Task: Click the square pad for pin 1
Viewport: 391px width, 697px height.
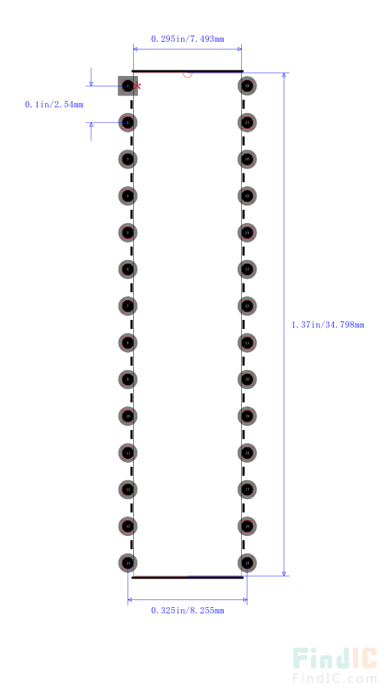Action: tap(128, 86)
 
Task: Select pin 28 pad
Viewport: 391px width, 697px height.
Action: tap(247, 86)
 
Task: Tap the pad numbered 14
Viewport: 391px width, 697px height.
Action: tap(128, 562)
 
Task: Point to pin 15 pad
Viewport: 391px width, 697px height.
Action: tap(247, 562)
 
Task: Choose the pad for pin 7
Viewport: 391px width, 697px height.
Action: tap(128, 306)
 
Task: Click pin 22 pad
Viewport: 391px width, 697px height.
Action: tap(247, 306)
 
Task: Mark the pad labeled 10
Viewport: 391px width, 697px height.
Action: tap(128, 416)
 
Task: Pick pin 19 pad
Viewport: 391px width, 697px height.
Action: tap(247, 416)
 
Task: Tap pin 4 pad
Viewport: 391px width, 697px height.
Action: tap(128, 196)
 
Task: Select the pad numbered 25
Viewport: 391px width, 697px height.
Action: tap(247, 196)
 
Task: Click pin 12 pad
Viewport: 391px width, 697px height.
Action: tap(128, 489)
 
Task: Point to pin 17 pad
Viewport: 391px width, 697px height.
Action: tap(247, 489)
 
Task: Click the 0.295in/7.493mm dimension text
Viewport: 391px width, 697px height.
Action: tap(187, 39)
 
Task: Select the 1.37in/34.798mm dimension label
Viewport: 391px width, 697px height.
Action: tap(328, 324)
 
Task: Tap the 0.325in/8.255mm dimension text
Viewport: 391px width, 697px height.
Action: tap(187, 611)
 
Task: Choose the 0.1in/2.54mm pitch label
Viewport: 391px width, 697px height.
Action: tap(54, 105)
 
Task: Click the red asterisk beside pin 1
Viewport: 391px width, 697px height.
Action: tap(138, 86)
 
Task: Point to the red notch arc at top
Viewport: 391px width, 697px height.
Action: tap(187, 75)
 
